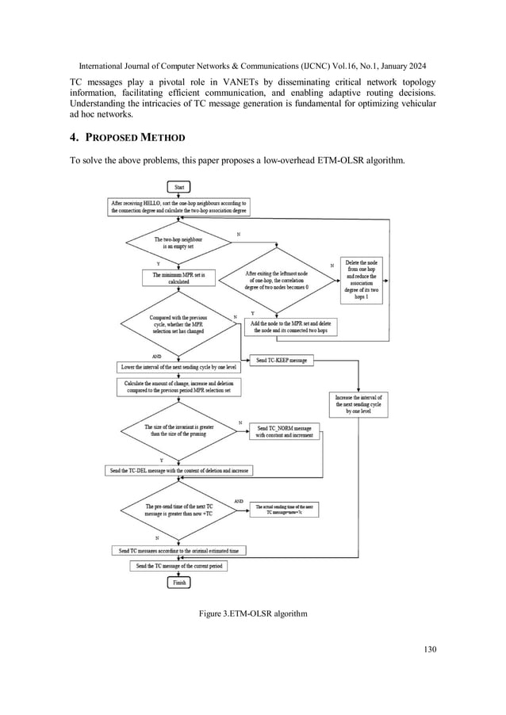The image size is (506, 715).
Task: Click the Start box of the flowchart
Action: coord(178,187)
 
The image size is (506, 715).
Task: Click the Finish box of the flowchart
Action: coord(178,583)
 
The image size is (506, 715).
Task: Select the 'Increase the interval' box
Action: coord(359,404)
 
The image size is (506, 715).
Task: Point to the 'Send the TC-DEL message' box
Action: coord(178,470)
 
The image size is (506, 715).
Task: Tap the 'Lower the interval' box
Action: coord(178,368)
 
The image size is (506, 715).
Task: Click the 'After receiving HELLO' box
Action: coord(178,207)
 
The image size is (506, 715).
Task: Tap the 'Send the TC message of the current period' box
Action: coord(178,565)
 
